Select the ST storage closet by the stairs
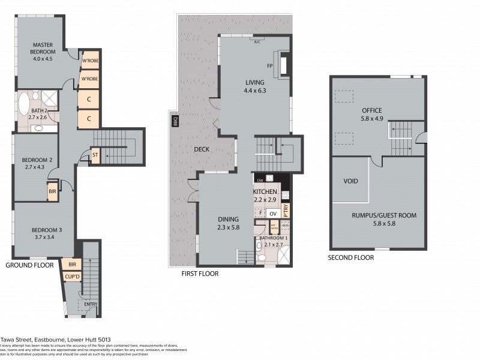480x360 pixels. coord(95,156)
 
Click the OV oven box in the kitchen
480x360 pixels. coord(272,214)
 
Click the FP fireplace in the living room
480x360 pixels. coord(269,65)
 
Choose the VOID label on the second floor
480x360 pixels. coord(351,181)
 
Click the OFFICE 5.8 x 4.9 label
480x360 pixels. coord(372,115)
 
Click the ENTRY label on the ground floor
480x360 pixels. coord(91,304)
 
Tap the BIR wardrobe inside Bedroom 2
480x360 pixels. coord(53,192)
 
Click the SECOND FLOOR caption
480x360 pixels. coord(350,257)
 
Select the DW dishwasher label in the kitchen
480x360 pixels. coord(260,179)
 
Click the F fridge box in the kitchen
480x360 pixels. coord(261,212)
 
